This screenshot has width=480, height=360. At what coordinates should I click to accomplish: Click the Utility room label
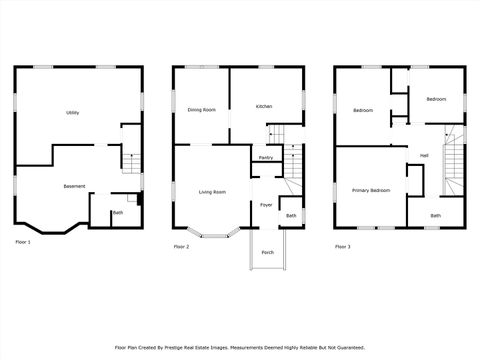(x=73, y=112)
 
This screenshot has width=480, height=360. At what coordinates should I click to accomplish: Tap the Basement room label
(x=74, y=187)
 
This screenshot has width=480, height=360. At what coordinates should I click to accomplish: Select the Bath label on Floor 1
(x=118, y=212)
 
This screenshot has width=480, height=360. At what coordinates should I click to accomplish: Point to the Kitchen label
(x=264, y=106)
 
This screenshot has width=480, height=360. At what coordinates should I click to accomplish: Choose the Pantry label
(x=266, y=158)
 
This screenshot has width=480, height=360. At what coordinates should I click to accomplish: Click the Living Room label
(x=211, y=191)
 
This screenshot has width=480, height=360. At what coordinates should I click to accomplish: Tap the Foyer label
(x=266, y=204)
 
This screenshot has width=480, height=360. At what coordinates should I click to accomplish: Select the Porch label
(x=267, y=252)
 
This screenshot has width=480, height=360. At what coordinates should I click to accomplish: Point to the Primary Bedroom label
(x=370, y=189)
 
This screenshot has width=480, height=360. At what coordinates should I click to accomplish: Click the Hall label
(x=424, y=155)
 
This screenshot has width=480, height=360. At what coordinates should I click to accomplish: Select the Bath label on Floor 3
(x=435, y=215)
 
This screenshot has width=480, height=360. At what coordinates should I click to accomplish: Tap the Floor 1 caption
(x=22, y=243)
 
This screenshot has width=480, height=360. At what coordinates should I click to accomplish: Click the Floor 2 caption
(x=181, y=246)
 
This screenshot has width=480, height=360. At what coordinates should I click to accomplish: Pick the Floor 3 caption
(x=342, y=246)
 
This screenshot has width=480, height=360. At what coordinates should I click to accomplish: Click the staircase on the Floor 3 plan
(x=455, y=165)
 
